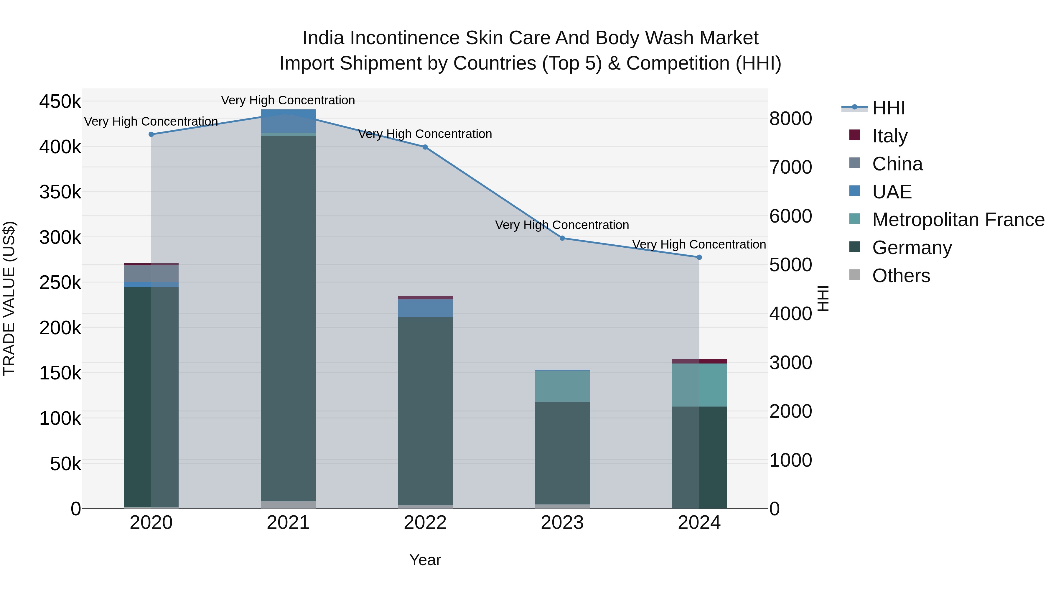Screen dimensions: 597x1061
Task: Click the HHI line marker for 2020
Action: point(151,134)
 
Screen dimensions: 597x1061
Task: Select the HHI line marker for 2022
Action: point(425,147)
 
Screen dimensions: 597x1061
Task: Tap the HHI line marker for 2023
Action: point(562,238)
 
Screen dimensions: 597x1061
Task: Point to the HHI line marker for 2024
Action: point(699,257)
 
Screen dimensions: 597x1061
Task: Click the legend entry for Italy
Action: point(890,136)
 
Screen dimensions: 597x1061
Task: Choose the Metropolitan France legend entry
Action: point(958,220)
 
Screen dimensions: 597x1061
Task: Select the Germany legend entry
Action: point(912,248)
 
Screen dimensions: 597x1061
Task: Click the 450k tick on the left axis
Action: point(60,101)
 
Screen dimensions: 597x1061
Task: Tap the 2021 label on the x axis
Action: point(288,523)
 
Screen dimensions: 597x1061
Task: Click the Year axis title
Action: point(425,560)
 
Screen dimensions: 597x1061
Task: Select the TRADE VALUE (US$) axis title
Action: point(9,298)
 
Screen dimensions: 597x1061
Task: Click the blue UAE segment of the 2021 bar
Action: point(288,121)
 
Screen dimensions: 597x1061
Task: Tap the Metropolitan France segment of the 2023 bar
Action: point(562,386)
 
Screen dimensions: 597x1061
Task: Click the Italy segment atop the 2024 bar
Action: point(699,361)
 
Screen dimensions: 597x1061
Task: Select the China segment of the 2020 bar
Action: point(151,273)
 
